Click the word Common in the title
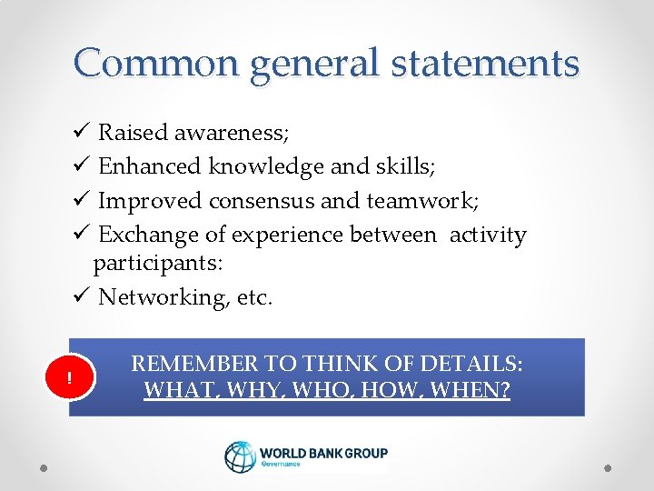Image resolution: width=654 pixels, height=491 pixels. click(x=158, y=64)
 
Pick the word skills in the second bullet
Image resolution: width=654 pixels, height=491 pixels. click(x=408, y=167)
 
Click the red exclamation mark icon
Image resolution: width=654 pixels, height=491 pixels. click(x=69, y=377)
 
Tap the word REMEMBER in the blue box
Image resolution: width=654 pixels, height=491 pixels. click(x=194, y=364)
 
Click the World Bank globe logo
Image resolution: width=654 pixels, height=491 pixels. click(x=241, y=457)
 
